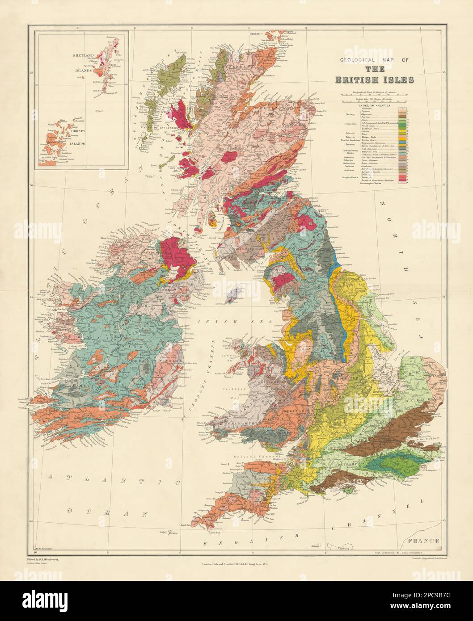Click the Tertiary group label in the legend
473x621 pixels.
tap(350, 114)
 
